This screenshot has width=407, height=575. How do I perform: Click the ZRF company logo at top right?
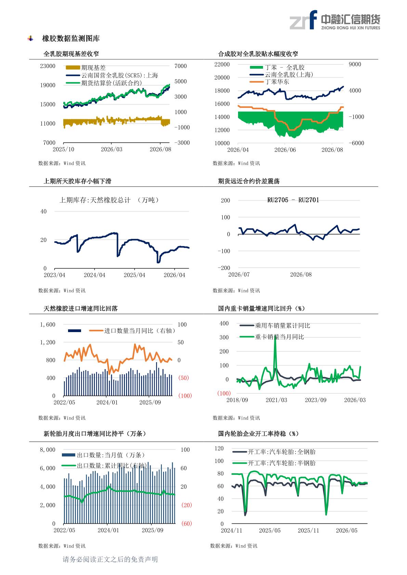pos(334,20)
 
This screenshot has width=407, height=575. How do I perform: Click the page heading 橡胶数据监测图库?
pos(71,39)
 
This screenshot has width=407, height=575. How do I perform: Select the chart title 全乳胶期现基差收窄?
pos(71,54)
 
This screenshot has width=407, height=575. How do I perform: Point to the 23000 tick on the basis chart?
pos(48,66)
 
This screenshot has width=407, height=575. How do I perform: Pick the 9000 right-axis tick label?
pos(355,64)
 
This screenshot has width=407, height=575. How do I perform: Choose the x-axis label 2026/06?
pos(285,150)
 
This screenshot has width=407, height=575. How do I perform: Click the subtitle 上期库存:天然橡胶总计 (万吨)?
pos(109,200)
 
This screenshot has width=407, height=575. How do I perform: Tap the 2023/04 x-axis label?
pos(54,275)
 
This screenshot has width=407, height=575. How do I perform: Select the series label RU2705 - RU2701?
pos(293,200)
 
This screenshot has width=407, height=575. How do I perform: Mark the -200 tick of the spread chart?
pos(224,268)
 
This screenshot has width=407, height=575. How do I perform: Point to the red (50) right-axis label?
pos(183,378)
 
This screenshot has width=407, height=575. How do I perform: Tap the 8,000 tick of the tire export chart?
pos(48,450)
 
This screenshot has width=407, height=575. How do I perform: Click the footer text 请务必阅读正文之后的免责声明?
pos(110,559)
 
